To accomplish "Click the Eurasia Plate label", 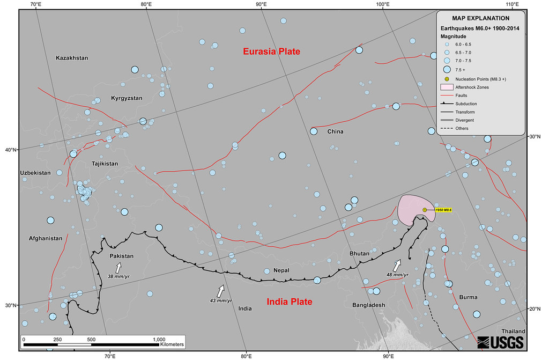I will pos(271,52).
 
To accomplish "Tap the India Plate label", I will pos(290,302).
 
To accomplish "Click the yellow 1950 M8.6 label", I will pos(443,210).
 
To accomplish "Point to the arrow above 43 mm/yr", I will pos(220,291).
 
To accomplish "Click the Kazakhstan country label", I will pos(72,57).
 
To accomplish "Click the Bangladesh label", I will pos(369,305).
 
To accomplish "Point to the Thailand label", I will pos(514,332).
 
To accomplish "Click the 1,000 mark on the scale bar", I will pos(159,340).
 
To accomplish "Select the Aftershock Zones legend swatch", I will pos(447,87).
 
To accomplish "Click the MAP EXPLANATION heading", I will pos(480,19).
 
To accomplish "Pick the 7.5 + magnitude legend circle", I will pos(447,70).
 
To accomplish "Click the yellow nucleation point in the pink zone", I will pos(425,210).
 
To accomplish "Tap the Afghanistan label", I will pos(46,238).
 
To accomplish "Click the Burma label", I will pos(468,297).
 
